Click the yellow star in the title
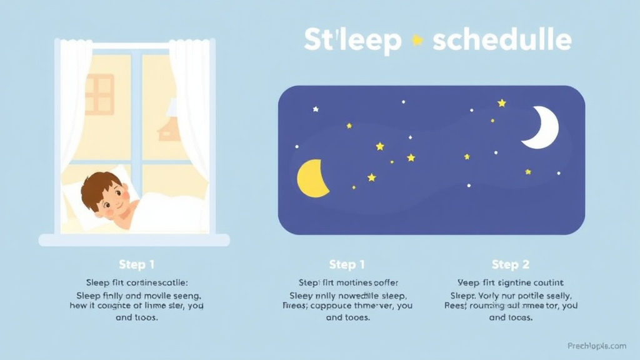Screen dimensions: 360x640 (x=417, y=40)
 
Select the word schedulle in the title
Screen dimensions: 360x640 (x=502, y=40)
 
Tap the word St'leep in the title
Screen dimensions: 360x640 (x=352, y=40)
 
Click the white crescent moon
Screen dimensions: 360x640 (x=541, y=127)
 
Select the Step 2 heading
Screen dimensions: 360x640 (x=510, y=264)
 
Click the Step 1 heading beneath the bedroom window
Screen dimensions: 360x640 (x=136, y=264)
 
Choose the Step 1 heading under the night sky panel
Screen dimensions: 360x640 (x=347, y=264)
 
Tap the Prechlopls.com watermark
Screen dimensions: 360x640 (x=597, y=346)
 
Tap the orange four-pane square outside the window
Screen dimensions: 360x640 (x=99, y=94)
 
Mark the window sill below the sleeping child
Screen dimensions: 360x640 (x=134, y=240)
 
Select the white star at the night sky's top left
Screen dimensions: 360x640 (x=316, y=109)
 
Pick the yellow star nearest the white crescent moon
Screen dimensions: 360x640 (x=501, y=102)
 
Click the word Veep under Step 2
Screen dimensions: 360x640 (x=471, y=282)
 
